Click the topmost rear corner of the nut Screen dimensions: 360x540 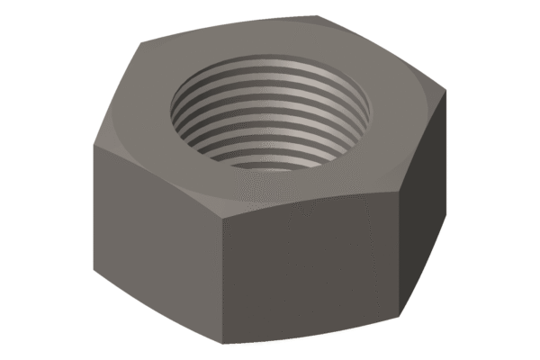319,15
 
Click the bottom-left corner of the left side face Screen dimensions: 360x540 94,272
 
